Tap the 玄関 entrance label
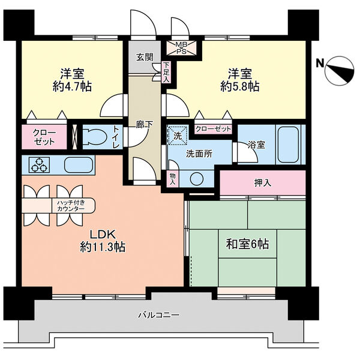tap(144, 58)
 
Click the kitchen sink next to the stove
tap(77, 164)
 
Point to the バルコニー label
tap(159, 314)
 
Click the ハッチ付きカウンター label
tap(71, 206)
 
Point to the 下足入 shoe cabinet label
tap(166, 72)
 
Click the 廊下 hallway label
tap(143, 125)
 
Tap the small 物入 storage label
tap(173, 179)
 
